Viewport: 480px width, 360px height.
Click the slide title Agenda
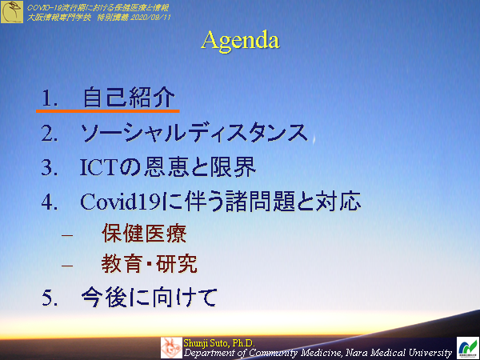click(240, 39)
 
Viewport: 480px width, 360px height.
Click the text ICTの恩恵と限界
click(168, 166)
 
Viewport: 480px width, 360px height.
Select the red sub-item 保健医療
click(144, 234)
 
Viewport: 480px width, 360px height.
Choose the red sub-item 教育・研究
click(149, 264)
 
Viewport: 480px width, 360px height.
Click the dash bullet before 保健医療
click(67, 234)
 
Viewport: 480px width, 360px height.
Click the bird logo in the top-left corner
click(12, 11)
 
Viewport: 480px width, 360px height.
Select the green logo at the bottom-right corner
click(466, 347)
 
